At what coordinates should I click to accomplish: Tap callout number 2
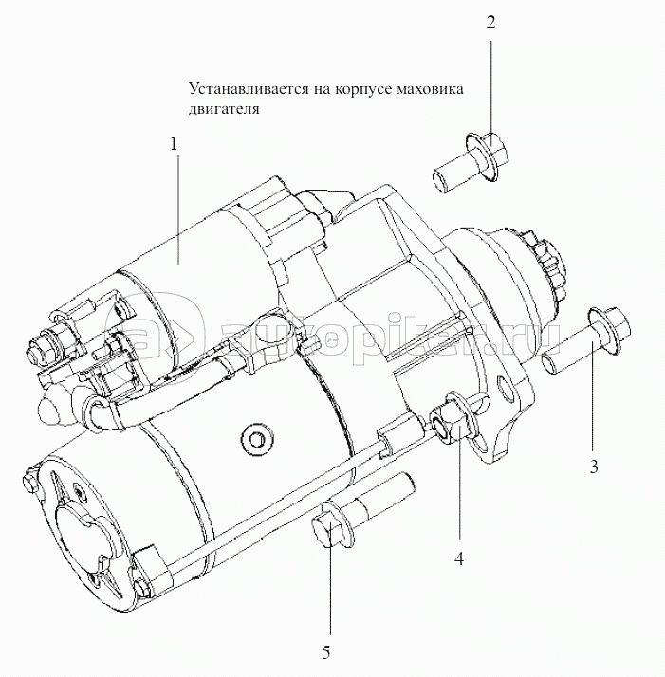click(x=490, y=23)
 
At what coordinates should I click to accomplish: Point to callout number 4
click(x=458, y=558)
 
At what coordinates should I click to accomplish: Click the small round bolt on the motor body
click(x=251, y=439)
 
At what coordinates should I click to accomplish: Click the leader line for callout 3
click(x=595, y=398)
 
